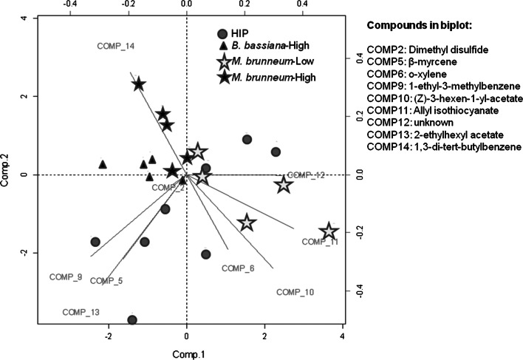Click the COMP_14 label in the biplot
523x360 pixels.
pyautogui.click(x=116, y=47)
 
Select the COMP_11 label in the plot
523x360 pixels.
pyautogui.click(x=319, y=242)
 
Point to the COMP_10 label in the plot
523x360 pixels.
pyautogui.click(x=295, y=293)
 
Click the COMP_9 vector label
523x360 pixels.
pyautogui.click(x=66, y=277)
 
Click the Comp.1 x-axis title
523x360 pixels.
pyautogui.click(x=186, y=355)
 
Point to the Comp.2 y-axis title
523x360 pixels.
pyautogui.click(x=7, y=174)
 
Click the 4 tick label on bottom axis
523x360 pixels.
pyautogui.click(x=343, y=338)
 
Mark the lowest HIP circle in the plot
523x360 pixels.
pyautogui.click(x=132, y=320)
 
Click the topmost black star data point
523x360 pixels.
pyautogui.click(x=138, y=84)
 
